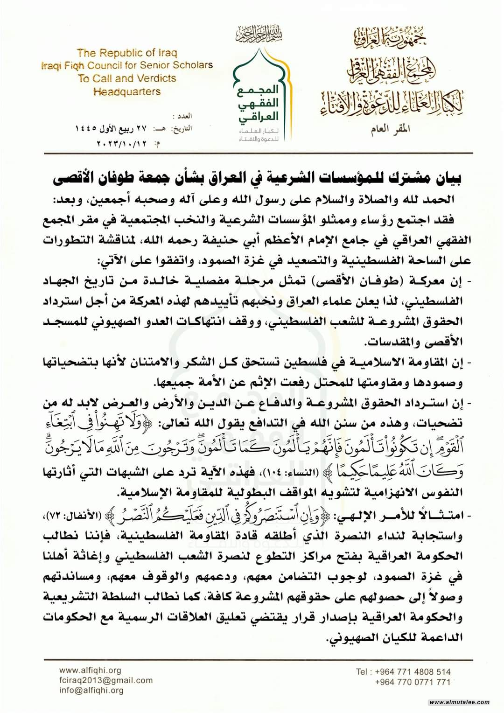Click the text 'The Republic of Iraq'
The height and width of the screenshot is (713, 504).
127,53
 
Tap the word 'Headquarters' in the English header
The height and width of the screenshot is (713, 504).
127,92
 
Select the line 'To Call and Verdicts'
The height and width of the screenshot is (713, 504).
127,78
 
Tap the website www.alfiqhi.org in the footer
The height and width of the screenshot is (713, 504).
90,670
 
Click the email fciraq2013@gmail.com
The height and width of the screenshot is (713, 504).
106,680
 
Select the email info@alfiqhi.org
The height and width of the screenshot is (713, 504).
91,691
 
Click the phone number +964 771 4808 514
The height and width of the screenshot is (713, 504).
403,672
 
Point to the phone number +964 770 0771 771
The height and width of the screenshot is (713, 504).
413,682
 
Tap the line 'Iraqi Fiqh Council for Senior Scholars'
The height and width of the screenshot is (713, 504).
127,65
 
